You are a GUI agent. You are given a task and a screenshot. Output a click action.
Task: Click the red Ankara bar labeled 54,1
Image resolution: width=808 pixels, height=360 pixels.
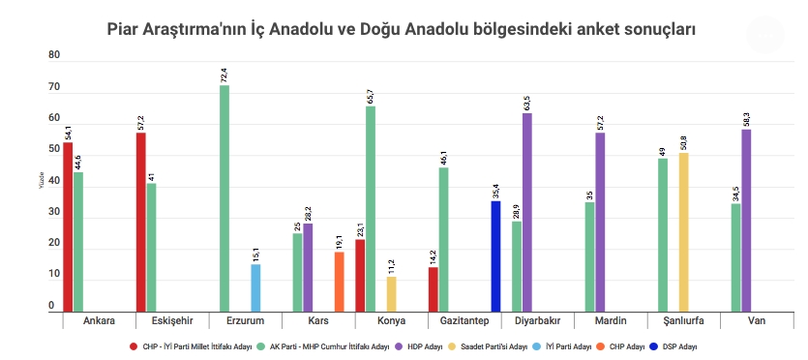pos(68,226)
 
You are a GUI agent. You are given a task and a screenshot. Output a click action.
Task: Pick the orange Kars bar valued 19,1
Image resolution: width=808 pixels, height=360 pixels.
pos(339,281)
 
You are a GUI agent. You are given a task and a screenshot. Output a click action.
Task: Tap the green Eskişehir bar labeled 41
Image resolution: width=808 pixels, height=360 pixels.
pos(151,247)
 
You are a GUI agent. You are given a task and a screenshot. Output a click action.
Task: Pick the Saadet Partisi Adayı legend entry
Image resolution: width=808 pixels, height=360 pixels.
pos(496,345)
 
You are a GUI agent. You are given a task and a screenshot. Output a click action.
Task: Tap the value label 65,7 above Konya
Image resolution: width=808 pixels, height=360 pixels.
pos(370,94)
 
